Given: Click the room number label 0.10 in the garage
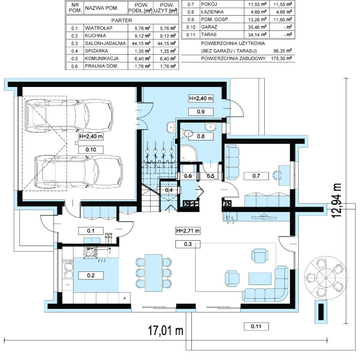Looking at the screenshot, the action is (x=91, y=150).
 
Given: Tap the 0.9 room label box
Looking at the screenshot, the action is (x=201, y=112).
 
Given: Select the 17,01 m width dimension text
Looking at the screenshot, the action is (x=166, y=331).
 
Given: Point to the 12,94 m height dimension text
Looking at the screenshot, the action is (x=336, y=201).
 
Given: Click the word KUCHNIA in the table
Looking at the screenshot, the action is (x=95, y=35).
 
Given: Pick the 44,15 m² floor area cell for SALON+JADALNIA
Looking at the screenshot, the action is (x=141, y=43).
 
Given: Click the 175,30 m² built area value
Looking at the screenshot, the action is (x=281, y=58).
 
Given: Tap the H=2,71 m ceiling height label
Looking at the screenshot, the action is (x=188, y=231).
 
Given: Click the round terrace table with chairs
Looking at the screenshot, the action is (x=326, y=278).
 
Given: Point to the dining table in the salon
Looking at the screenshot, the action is (x=153, y=272).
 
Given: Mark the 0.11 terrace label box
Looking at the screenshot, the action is (x=256, y=326).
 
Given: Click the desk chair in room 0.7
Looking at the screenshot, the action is (x=277, y=175).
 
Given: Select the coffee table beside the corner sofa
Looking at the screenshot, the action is (x=260, y=278).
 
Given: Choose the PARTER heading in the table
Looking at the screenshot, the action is (x=122, y=21).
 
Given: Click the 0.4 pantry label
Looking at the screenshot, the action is (x=169, y=190).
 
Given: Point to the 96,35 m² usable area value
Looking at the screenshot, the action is (x=283, y=51).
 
